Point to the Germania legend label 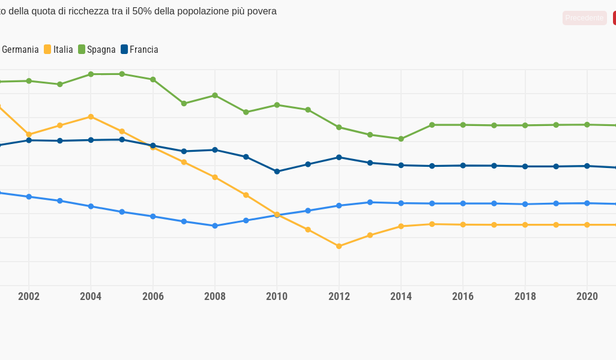pyautogui.click(x=20, y=50)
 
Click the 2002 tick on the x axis pyautogui.click(x=29, y=296)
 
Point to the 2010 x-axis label pyautogui.click(x=277, y=296)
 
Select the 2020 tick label pyautogui.click(x=587, y=296)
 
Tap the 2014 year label pyautogui.click(x=401, y=296)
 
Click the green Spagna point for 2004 pyautogui.click(x=91, y=74)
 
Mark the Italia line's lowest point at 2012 pyautogui.click(x=339, y=246)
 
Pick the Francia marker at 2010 pyautogui.click(x=277, y=172)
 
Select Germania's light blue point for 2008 pyautogui.click(x=215, y=226)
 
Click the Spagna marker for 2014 pyautogui.click(x=401, y=139)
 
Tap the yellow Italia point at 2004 pyautogui.click(x=91, y=116)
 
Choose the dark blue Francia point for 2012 pyautogui.click(x=339, y=157)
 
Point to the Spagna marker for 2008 pyautogui.click(x=215, y=95)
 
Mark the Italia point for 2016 pyautogui.click(x=463, y=224)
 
